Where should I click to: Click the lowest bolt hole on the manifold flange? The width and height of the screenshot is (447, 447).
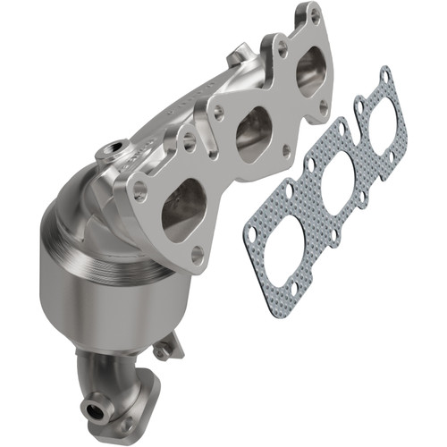click(198, 254)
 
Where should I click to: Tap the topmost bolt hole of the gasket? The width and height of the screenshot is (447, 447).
click(384, 77)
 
